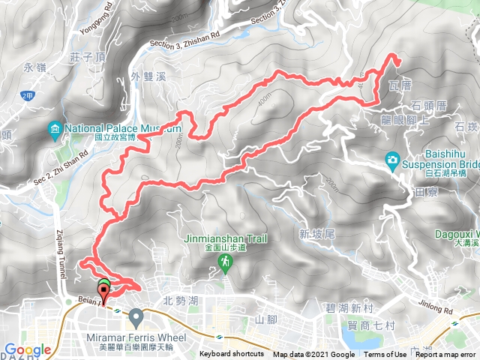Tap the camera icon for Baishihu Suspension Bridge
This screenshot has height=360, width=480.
(392, 159)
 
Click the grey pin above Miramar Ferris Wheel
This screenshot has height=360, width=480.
(136, 318)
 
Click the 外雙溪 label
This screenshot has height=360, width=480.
(145, 75)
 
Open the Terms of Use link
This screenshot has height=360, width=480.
(385, 355)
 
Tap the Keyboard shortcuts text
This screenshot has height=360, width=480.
(232, 355)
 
